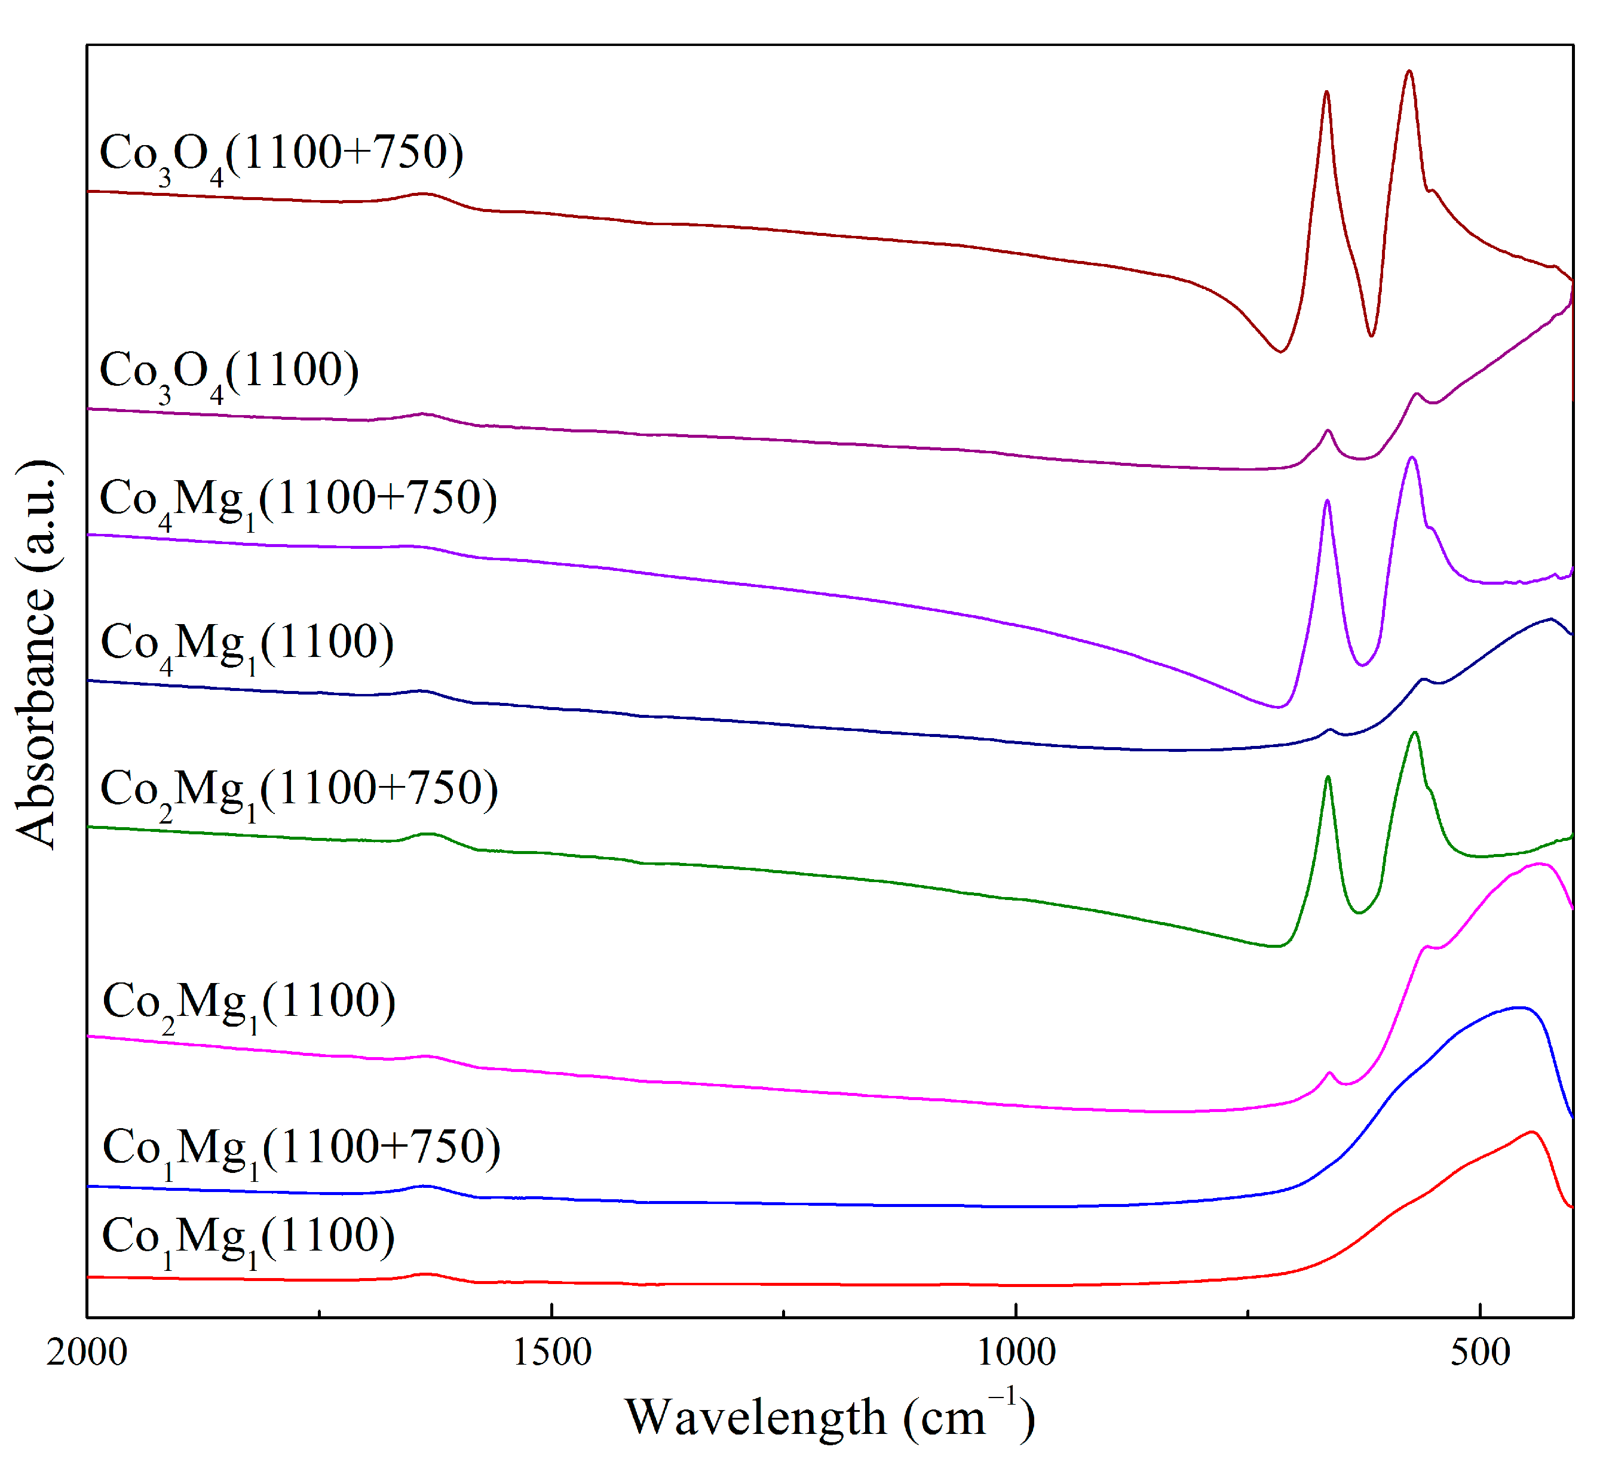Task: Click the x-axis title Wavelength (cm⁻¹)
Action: click(x=829, y=1417)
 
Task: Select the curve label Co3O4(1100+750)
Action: click(x=280, y=155)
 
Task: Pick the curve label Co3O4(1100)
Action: click(x=229, y=373)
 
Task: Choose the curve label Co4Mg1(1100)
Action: click(x=247, y=645)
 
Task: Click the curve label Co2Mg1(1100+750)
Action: click(x=299, y=791)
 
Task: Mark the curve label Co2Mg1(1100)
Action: click(x=249, y=1005)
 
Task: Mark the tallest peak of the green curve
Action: click(x=1415, y=733)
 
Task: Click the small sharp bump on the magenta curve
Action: click(x=1329, y=1073)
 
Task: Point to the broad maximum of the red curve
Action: click(x=1530, y=1132)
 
